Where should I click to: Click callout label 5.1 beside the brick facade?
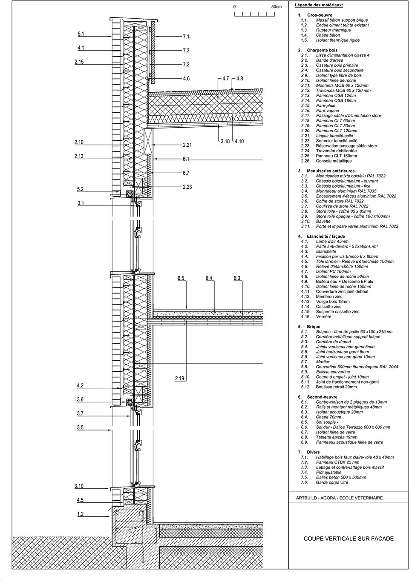coord(81,34)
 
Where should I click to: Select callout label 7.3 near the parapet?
coord(186,51)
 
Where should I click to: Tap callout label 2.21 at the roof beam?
coord(187,145)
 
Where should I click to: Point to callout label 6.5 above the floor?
coord(181,278)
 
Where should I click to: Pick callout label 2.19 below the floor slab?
coord(179,379)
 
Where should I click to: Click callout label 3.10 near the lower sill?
coord(79,486)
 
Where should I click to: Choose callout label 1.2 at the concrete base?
coord(80,514)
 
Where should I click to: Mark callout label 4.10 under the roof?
coord(239,141)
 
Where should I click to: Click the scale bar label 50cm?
coord(277,7)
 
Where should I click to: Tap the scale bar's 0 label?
coord(235,7)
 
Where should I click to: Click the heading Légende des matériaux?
coord(319,5)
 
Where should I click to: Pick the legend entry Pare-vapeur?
coord(328,111)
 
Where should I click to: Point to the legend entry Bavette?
coord(323,221)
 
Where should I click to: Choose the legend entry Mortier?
coord(323,362)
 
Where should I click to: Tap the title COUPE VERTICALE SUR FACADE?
coord(349,539)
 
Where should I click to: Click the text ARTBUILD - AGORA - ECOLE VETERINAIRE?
coord(340,498)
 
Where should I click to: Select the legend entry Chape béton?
coord(328,35)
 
